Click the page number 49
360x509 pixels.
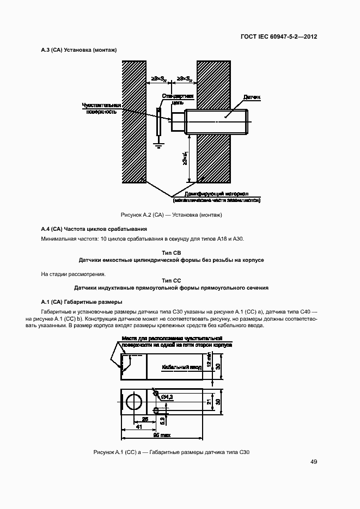point(314,462)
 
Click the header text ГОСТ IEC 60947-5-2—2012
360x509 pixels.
point(279,37)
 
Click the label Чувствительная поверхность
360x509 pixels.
point(101,108)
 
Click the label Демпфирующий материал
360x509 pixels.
point(216,194)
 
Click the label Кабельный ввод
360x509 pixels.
point(181,367)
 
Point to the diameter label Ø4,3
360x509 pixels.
point(167,397)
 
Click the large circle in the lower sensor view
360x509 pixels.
point(134,402)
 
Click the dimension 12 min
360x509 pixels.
point(209,360)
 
